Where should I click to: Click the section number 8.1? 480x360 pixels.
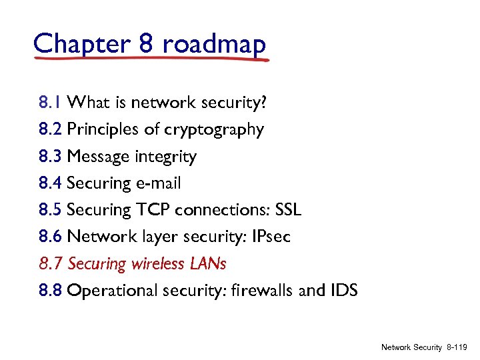(50, 103)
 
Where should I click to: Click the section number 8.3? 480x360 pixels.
(50, 157)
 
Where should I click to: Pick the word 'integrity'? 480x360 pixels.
(165, 157)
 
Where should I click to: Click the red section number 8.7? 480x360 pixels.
(50, 264)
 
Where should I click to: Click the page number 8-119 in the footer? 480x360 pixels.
(458, 347)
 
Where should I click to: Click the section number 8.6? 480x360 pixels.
(50, 237)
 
